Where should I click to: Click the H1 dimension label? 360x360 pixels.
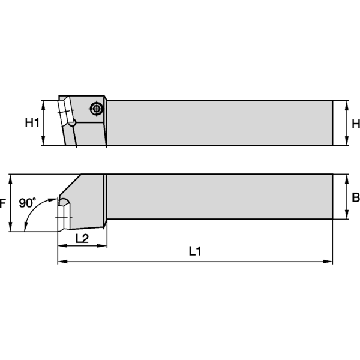pos(32,123)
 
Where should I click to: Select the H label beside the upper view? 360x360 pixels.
pos(355,124)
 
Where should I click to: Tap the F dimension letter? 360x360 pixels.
pos(3,203)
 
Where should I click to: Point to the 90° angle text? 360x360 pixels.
pos(28,203)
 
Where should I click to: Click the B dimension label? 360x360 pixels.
pos(355,197)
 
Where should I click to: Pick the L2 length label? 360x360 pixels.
pos(82,238)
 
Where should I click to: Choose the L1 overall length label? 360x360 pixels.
pos(194,253)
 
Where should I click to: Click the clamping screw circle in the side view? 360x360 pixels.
pos(95,109)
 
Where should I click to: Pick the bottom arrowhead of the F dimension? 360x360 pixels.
pos(10,228)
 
